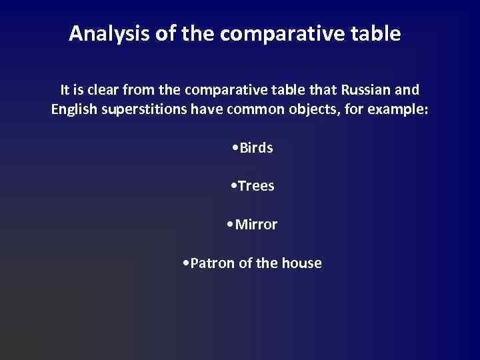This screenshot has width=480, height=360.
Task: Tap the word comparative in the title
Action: pyautogui.click(x=285, y=33)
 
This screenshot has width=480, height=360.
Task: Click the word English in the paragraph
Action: pyautogui.click(x=74, y=109)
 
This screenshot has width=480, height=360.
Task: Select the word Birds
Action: pyautogui.click(x=256, y=148)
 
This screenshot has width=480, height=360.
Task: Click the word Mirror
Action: pyautogui.click(x=257, y=225)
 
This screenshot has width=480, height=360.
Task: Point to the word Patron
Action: pyautogui.click(x=213, y=263)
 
